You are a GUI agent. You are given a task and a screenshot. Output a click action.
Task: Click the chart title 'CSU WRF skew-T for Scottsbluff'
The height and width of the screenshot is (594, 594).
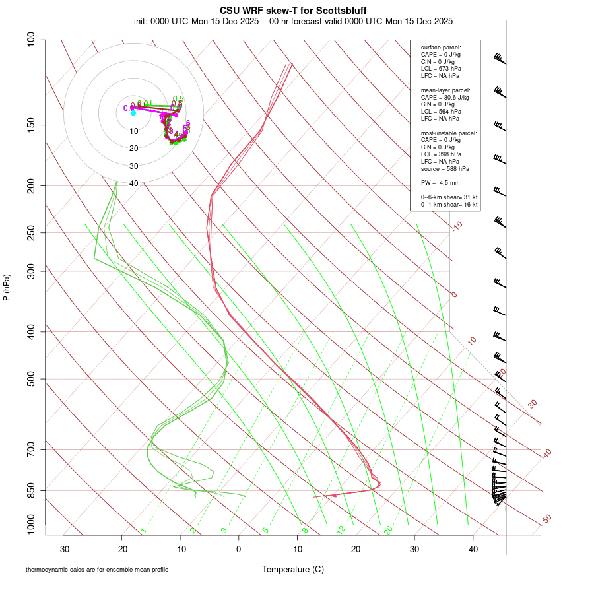(292, 11)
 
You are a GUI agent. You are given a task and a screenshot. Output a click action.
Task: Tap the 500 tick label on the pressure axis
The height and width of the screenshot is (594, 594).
(32, 379)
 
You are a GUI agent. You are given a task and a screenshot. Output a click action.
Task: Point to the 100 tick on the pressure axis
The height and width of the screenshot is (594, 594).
(32, 40)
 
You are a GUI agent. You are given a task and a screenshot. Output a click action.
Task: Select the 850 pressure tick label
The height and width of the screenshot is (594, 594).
(32, 490)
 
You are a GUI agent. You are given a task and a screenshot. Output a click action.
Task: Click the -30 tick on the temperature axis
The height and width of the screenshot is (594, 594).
(63, 548)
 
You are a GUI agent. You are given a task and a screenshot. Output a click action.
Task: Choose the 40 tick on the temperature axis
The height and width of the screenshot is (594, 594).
(473, 548)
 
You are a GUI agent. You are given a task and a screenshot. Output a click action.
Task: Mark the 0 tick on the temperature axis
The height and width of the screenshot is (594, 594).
(239, 548)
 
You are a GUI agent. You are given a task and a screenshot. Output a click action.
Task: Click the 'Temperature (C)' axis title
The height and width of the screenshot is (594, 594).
(292, 569)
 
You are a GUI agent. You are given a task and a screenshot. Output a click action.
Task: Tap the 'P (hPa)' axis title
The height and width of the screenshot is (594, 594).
(7, 287)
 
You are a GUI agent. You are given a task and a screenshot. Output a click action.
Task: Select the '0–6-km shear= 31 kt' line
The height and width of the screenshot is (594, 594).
(449, 197)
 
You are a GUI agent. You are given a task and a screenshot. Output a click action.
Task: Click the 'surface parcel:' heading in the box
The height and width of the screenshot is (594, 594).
(441, 48)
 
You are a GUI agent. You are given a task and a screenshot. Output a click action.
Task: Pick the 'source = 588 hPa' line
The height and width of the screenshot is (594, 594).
(445, 168)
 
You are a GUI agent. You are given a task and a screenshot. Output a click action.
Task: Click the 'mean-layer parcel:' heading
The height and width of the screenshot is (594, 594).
(445, 90)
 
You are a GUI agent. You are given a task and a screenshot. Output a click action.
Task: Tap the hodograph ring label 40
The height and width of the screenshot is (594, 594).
(134, 183)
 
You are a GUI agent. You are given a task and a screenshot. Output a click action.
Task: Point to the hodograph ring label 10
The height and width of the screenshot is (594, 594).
(134, 131)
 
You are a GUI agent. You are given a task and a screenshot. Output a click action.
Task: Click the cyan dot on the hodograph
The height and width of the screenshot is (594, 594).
(133, 114)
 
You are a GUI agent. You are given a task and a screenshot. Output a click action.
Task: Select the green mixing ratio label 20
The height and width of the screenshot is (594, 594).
(388, 530)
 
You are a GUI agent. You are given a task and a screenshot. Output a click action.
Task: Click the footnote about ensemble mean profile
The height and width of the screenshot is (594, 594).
(97, 570)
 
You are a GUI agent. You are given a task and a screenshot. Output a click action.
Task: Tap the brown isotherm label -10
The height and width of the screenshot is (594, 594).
(457, 226)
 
